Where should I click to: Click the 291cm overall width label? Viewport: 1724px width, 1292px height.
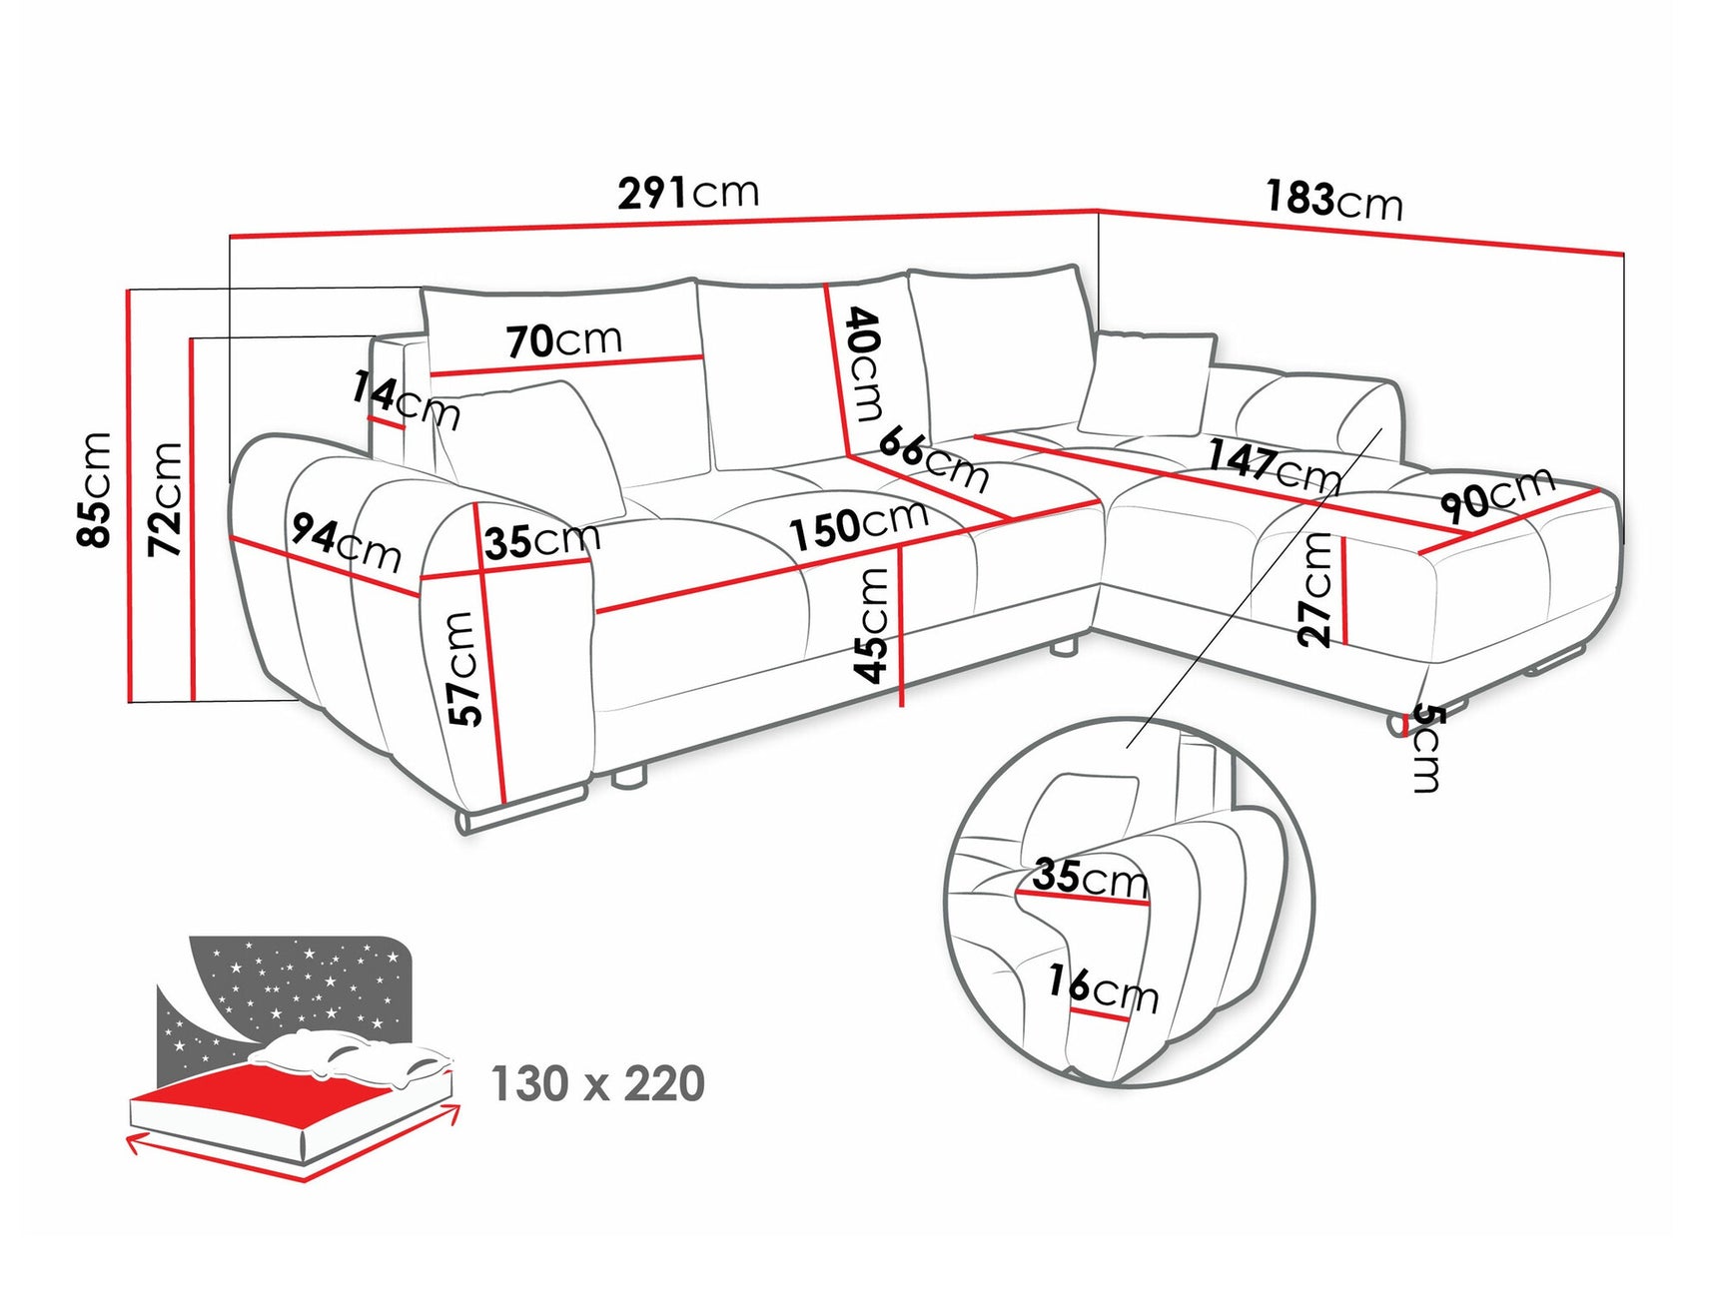(x=688, y=192)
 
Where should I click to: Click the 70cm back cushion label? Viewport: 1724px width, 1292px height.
(x=564, y=340)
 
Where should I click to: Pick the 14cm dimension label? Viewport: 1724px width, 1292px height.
(x=405, y=398)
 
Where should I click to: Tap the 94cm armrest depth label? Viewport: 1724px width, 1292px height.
(x=346, y=542)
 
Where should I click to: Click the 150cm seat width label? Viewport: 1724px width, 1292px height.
(x=859, y=525)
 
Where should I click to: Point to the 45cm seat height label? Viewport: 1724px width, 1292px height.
(x=872, y=624)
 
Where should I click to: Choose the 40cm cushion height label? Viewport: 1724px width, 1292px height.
(x=865, y=364)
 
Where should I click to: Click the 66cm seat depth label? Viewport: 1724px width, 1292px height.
(x=933, y=458)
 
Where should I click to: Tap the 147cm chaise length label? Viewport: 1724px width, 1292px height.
(x=1274, y=465)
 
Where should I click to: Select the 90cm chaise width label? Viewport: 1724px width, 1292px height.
(x=1497, y=493)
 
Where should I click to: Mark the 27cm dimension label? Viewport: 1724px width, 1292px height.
(x=1315, y=589)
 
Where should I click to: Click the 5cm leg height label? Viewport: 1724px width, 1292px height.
(x=1427, y=748)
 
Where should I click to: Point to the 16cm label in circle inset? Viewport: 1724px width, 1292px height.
(x=1103, y=988)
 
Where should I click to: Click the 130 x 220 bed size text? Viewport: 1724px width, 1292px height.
(x=597, y=1083)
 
